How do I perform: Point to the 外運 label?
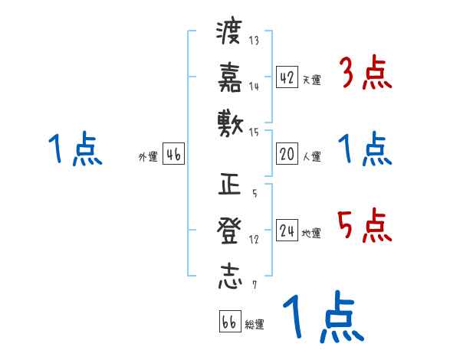click(147, 156)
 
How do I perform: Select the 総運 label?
click(254, 325)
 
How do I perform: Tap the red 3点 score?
click(365, 74)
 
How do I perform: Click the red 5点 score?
click(365, 224)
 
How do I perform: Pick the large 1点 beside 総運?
click(323, 318)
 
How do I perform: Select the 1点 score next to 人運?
click(365, 149)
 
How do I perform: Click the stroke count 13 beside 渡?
click(255, 41)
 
